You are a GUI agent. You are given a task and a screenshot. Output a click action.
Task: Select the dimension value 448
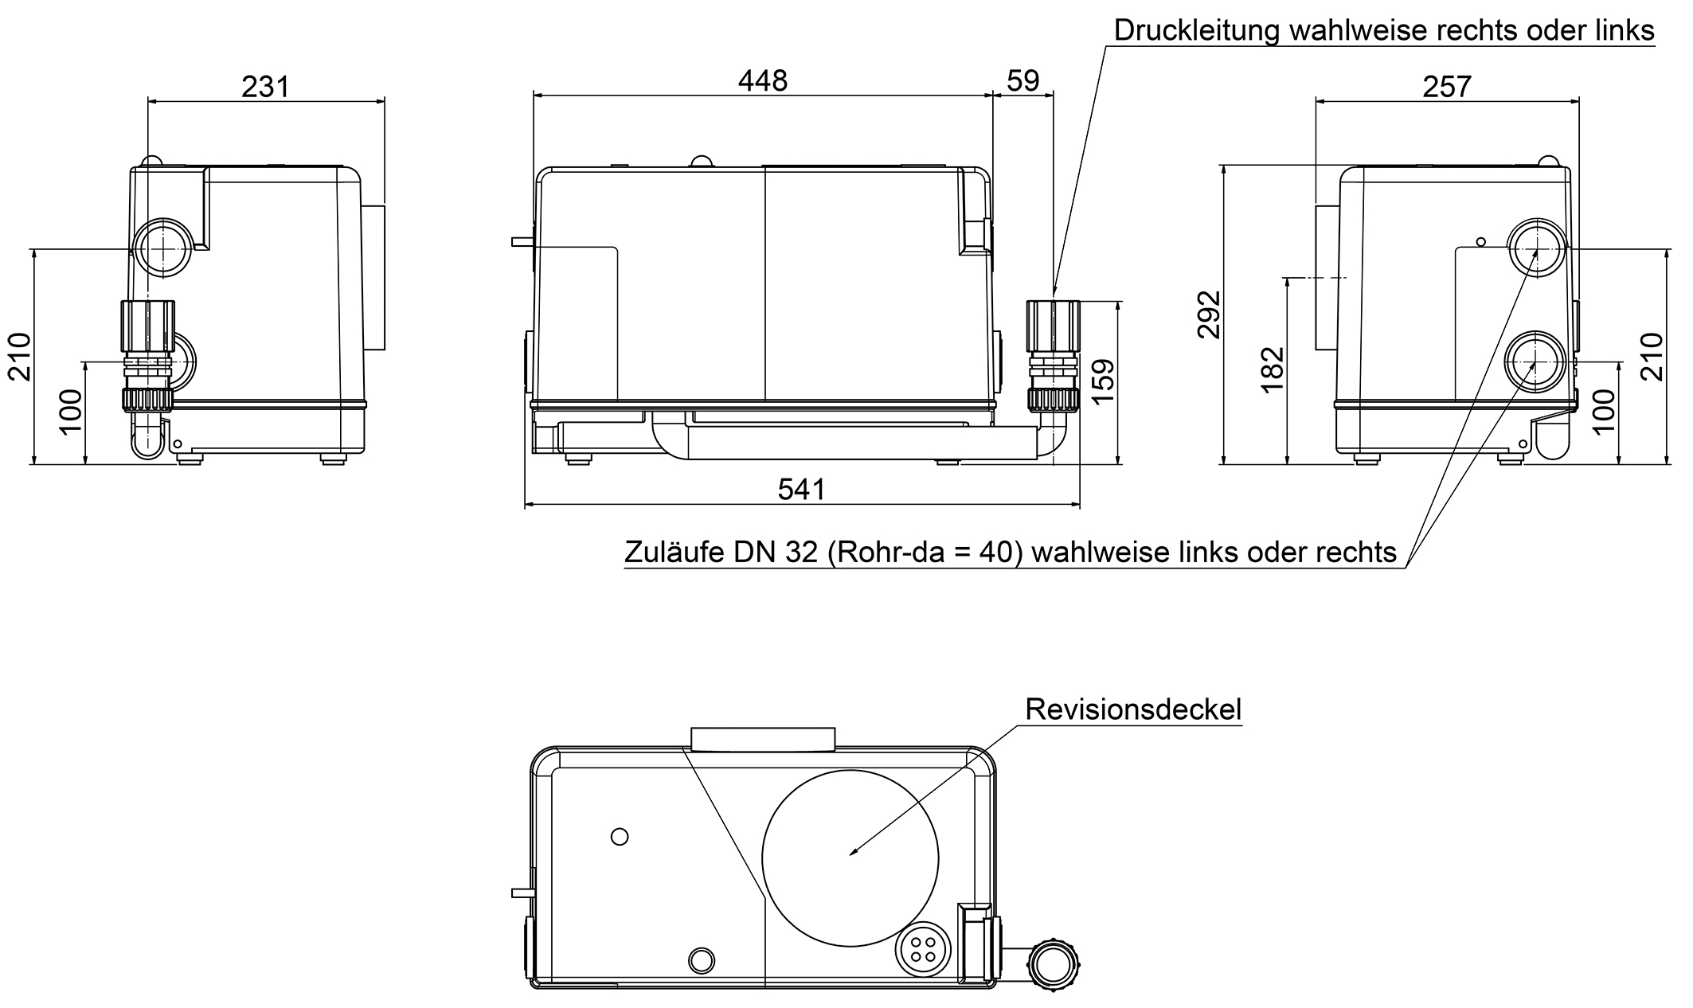tap(762, 80)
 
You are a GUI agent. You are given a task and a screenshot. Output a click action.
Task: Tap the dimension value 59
tap(1022, 80)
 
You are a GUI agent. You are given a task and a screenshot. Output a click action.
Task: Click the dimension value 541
tap(801, 490)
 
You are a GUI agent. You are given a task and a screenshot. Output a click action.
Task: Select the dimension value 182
tap(1273, 369)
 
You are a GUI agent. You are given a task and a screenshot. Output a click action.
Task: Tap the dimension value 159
tap(1104, 381)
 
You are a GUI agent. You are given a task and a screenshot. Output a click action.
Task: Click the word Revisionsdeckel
tap(1133, 709)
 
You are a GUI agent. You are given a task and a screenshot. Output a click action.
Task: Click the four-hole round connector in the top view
tap(923, 947)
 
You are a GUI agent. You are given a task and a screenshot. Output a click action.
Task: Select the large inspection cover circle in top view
tap(850, 858)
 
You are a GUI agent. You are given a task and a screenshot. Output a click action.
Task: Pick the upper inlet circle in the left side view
tap(162, 248)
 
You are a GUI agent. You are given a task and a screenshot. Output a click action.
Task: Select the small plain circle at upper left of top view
tap(619, 837)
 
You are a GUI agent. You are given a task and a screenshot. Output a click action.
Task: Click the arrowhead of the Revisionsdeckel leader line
tap(853, 854)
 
